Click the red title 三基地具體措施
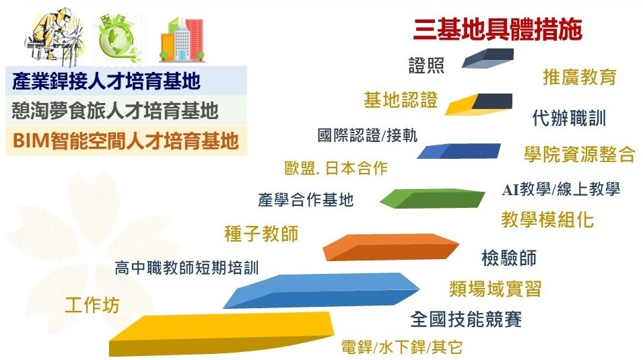498,30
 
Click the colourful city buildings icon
182,39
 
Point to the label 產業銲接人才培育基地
106,81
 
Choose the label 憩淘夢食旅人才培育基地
115,111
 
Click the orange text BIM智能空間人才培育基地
125,141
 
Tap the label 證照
426,65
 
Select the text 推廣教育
580,77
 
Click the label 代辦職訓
569,118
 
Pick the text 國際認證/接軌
368,135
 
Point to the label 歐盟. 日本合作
336,168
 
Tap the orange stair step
391,247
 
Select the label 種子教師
261,233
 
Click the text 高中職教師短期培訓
187,268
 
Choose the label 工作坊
92,305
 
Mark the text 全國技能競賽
466,319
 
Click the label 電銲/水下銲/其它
402,347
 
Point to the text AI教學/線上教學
561,189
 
